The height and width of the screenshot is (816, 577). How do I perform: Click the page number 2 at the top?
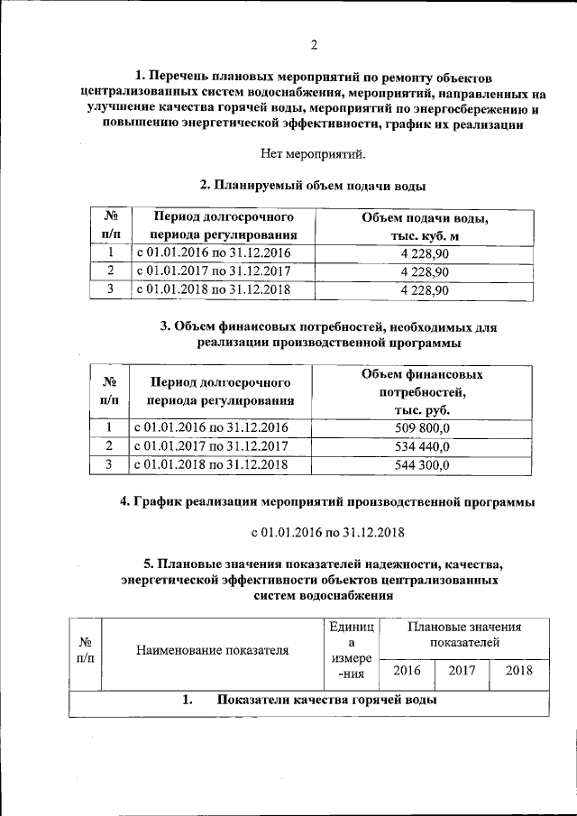pos(314,46)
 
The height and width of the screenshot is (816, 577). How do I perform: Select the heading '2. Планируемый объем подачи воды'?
pos(312,185)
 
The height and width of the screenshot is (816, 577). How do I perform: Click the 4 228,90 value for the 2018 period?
pos(424,289)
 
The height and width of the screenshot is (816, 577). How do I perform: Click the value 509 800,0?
pos(424,428)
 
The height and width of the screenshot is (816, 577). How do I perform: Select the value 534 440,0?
pos(424,446)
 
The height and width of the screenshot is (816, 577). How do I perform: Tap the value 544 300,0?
pos(424,464)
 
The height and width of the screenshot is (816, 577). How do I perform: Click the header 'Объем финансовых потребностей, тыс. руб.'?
pos(424,391)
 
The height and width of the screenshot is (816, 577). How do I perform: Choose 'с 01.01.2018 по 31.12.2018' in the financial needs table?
pos(211,464)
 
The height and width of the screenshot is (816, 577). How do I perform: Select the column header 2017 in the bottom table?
pos(463,671)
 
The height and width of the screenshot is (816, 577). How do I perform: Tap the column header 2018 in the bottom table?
pos(518,671)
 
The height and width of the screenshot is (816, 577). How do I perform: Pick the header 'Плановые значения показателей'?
pos(463,634)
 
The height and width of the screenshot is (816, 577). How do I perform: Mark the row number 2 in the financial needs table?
pos(109,446)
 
